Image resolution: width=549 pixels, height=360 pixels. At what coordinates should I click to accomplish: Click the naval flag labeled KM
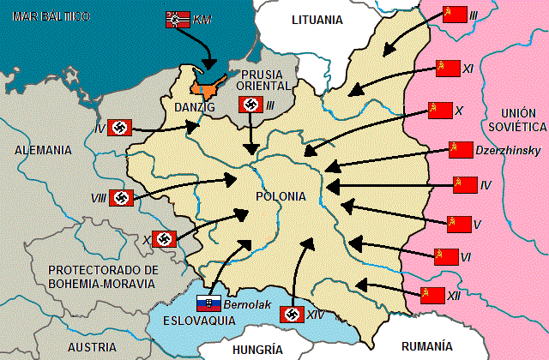pyautogui.click(x=178, y=19)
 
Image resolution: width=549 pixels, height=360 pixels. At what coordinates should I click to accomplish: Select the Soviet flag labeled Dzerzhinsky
pyautogui.click(x=462, y=150)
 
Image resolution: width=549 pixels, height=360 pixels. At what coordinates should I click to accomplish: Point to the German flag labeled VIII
pyautogui.click(x=122, y=197)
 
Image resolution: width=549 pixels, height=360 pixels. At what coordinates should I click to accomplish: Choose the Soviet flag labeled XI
pyautogui.click(x=448, y=69)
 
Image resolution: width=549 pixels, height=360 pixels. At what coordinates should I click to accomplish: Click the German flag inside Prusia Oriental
pyautogui.click(x=250, y=105)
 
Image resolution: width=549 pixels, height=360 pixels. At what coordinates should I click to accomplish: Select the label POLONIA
pyautogui.click(x=281, y=196)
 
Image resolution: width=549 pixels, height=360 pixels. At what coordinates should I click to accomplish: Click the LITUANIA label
pyautogui.click(x=317, y=19)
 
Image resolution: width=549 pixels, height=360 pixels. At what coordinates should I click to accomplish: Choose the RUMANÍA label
pyautogui.click(x=426, y=346)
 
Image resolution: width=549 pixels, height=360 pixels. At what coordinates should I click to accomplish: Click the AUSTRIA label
pyautogui.click(x=92, y=347)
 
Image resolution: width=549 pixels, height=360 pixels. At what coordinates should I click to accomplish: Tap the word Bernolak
pyautogui.click(x=246, y=304)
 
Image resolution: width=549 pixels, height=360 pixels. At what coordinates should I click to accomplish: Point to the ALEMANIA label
pyautogui.click(x=43, y=149)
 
